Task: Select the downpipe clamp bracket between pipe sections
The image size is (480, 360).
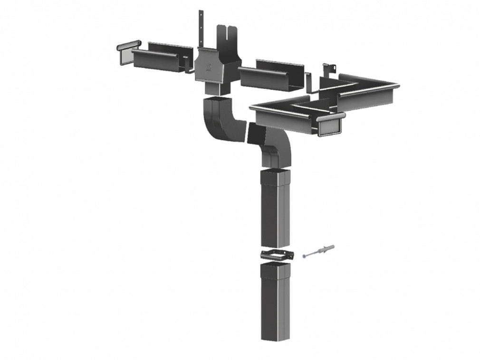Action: pyautogui.click(x=278, y=255)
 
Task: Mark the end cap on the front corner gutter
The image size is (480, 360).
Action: pyautogui.click(x=331, y=125)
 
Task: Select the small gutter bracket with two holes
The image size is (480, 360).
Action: pyautogui.click(x=327, y=71)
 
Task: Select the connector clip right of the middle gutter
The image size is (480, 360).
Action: pyautogui.click(x=308, y=83)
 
